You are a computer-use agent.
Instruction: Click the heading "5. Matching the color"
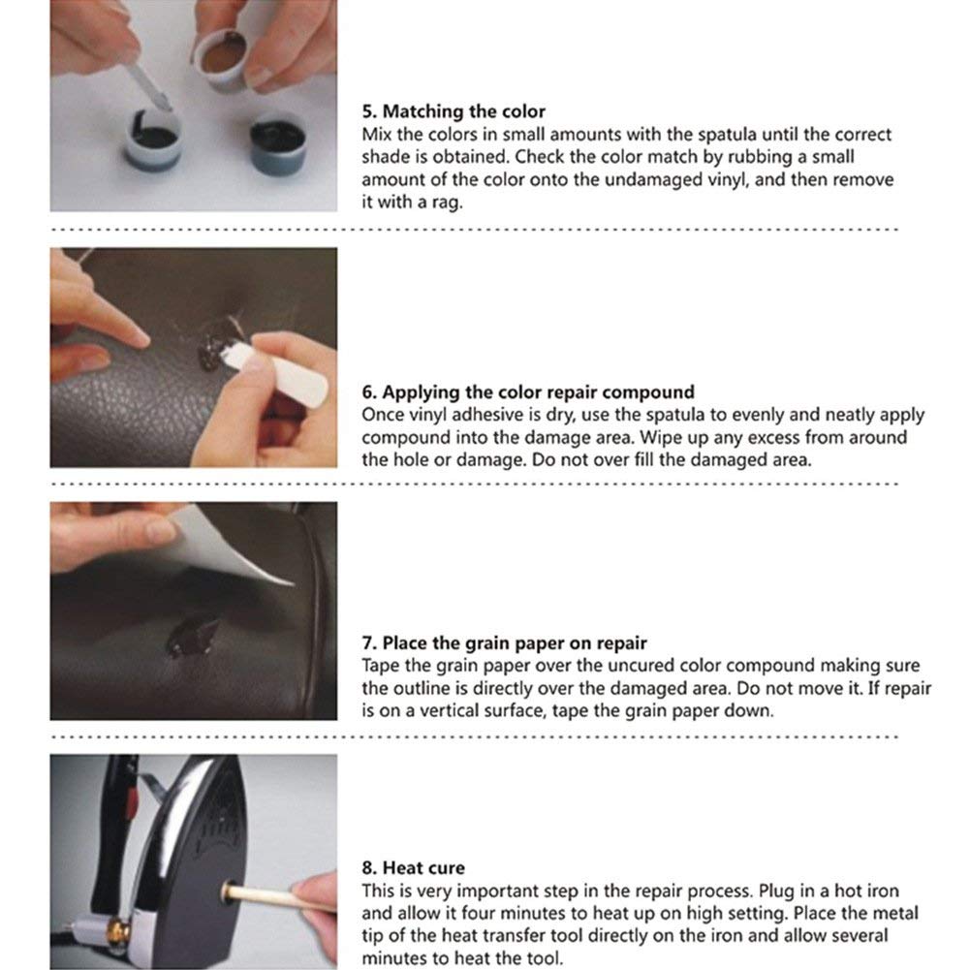[x=454, y=111]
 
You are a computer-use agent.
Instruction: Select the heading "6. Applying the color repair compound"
[x=528, y=392]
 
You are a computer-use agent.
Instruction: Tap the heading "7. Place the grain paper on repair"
[x=504, y=642]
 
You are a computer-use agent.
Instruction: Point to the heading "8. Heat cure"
[x=413, y=868]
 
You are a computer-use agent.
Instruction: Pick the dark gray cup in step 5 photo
[x=278, y=142]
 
